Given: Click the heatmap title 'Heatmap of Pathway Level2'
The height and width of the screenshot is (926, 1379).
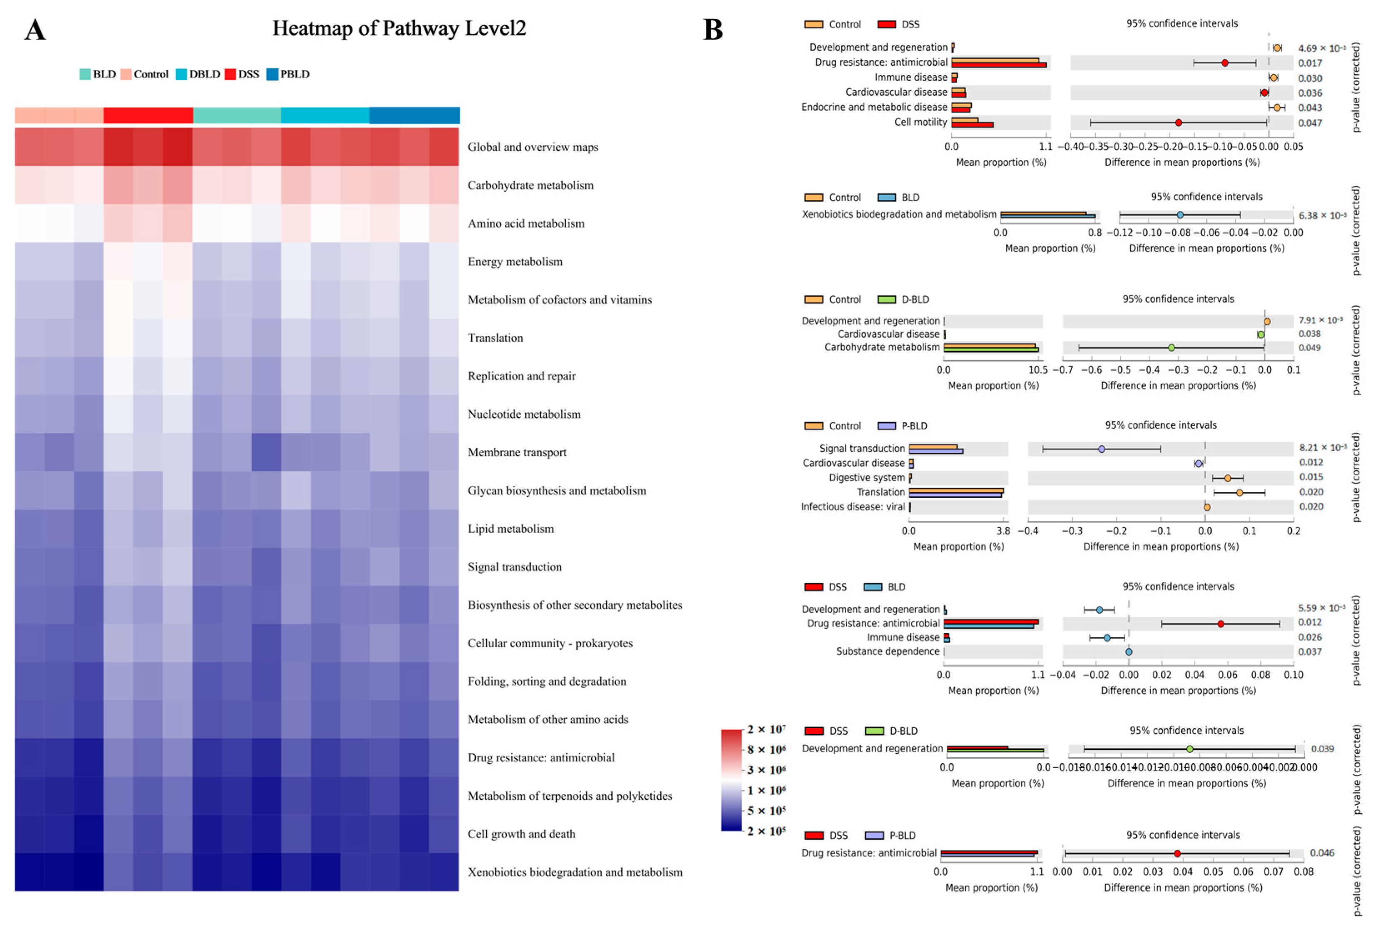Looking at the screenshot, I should coord(399,28).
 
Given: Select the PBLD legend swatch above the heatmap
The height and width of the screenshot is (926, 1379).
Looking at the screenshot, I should coord(272,75).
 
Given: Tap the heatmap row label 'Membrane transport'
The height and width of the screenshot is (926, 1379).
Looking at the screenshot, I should coord(517,452).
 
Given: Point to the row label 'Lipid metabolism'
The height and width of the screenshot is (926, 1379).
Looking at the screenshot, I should coord(510,529).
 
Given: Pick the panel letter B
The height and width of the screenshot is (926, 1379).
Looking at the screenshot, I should coord(713,30).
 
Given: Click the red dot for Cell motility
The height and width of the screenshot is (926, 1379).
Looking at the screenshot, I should coord(1178,123).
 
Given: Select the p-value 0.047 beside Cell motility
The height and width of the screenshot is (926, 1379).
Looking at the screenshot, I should coord(1310,123).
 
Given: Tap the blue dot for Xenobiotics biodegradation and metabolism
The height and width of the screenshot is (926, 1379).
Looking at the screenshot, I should coord(1179,215).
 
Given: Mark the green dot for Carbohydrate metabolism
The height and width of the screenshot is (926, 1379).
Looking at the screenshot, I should coord(1171,348).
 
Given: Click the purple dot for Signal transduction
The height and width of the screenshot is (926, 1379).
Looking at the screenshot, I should coord(1102,449).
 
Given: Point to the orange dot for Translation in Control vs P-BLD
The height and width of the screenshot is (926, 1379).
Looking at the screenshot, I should coord(1239,492).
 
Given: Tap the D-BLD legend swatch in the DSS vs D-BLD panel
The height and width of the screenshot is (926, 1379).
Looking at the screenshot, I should coord(874,731).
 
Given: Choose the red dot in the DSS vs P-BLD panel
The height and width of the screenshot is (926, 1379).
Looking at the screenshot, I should coord(1177,854).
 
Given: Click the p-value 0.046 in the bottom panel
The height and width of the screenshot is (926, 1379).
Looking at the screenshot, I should coord(1322,853).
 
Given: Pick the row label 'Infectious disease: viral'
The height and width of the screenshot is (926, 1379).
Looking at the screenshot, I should coord(852,507).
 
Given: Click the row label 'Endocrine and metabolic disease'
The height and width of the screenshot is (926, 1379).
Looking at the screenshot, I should coord(874,107).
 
